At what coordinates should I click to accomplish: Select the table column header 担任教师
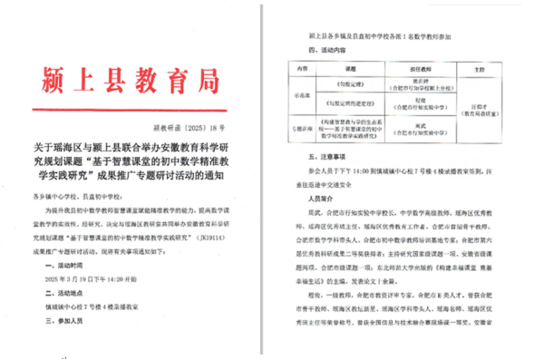(420, 69)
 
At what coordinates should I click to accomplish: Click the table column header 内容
(298, 69)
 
